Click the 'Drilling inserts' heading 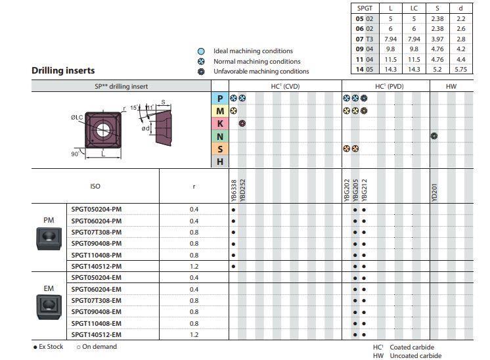point(63,70)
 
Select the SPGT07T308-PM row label point(97,232)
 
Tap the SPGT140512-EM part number point(97,334)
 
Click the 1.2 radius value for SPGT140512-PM point(194,266)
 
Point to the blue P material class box point(220,98)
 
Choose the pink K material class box point(220,124)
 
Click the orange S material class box point(220,149)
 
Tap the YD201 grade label point(434,192)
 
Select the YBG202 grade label point(347,191)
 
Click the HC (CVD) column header point(285,86)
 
